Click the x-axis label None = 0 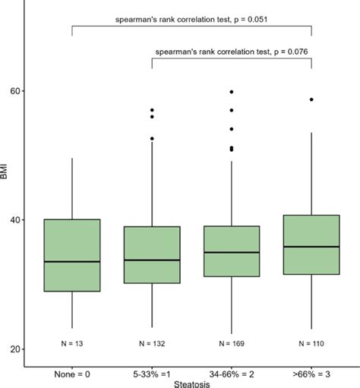click(72, 374)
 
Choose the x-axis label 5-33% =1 click(152, 374)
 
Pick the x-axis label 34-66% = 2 click(232, 374)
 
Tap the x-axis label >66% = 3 click(311, 374)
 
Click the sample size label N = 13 click(72, 342)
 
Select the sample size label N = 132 click(152, 342)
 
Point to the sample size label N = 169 click(232, 342)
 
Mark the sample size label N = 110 click(311, 342)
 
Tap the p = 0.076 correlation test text click(232, 52)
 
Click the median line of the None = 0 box click(72, 261)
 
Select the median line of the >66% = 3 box click(311, 247)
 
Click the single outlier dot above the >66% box click(311, 99)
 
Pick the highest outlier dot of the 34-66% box click(232, 92)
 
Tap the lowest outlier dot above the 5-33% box click(152, 138)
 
